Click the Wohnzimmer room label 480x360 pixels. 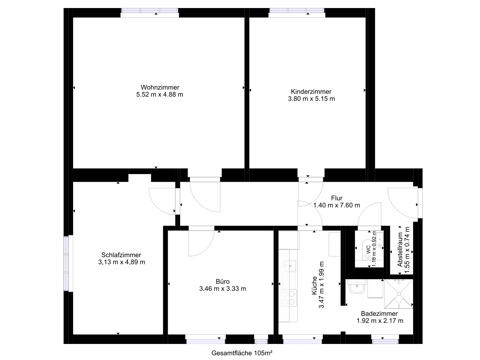click(x=160, y=88)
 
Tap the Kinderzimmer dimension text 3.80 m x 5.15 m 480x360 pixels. click(x=311, y=99)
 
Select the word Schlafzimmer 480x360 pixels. click(x=121, y=255)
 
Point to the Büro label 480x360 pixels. click(x=223, y=281)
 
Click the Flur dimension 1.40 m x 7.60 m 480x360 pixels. click(x=337, y=205)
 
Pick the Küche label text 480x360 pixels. click(x=314, y=285)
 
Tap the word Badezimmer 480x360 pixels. click(x=379, y=314)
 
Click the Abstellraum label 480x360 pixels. click(x=400, y=249)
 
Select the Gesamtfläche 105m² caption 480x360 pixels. click(x=242, y=353)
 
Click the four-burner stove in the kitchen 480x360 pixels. click(x=288, y=298)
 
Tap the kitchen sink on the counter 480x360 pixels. click(x=289, y=266)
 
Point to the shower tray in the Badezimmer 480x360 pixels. click(x=399, y=294)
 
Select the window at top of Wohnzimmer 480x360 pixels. click(x=150, y=11)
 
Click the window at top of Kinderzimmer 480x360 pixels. click(x=297, y=11)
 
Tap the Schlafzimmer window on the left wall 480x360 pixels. click(x=66, y=264)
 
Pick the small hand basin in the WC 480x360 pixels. click(x=380, y=239)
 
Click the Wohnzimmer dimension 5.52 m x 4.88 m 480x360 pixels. click(x=160, y=95)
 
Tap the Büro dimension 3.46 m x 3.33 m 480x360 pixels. click(x=223, y=289)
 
